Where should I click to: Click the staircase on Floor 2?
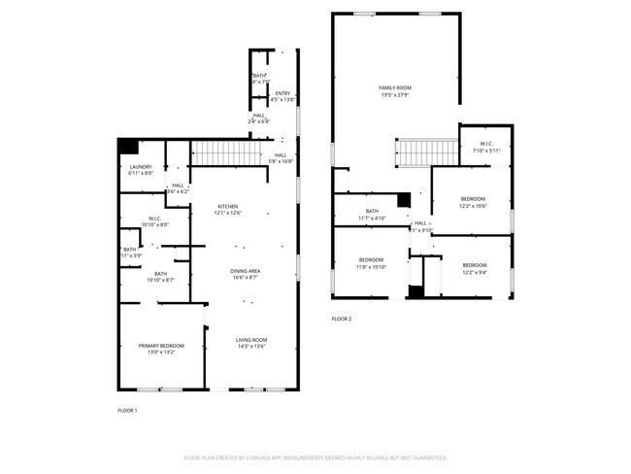point(426,153)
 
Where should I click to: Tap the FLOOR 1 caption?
point(127,411)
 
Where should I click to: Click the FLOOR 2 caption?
point(342,319)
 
